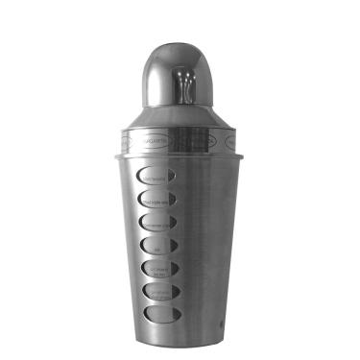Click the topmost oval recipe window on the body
[156, 177]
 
